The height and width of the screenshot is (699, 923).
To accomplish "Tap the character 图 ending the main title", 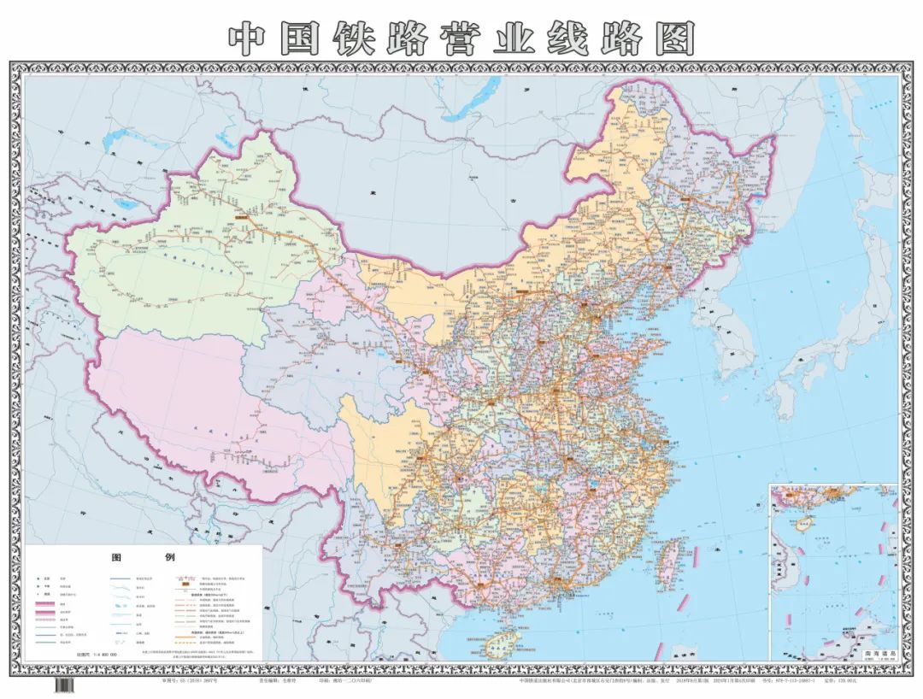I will [673, 38].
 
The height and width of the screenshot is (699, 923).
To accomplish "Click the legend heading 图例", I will [143, 556].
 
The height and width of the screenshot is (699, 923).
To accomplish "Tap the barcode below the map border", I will [64, 684].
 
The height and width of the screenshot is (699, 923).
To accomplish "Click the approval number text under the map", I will [192, 681].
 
